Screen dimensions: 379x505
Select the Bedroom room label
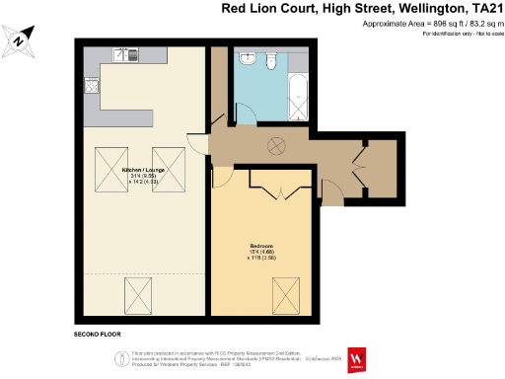pyautogui.click(x=261, y=248)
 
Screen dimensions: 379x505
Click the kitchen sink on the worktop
pyautogui.click(x=122, y=56)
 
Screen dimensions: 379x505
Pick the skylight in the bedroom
pyautogui.click(x=286, y=293)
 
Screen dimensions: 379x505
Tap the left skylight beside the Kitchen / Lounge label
pyautogui.click(x=108, y=162)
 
